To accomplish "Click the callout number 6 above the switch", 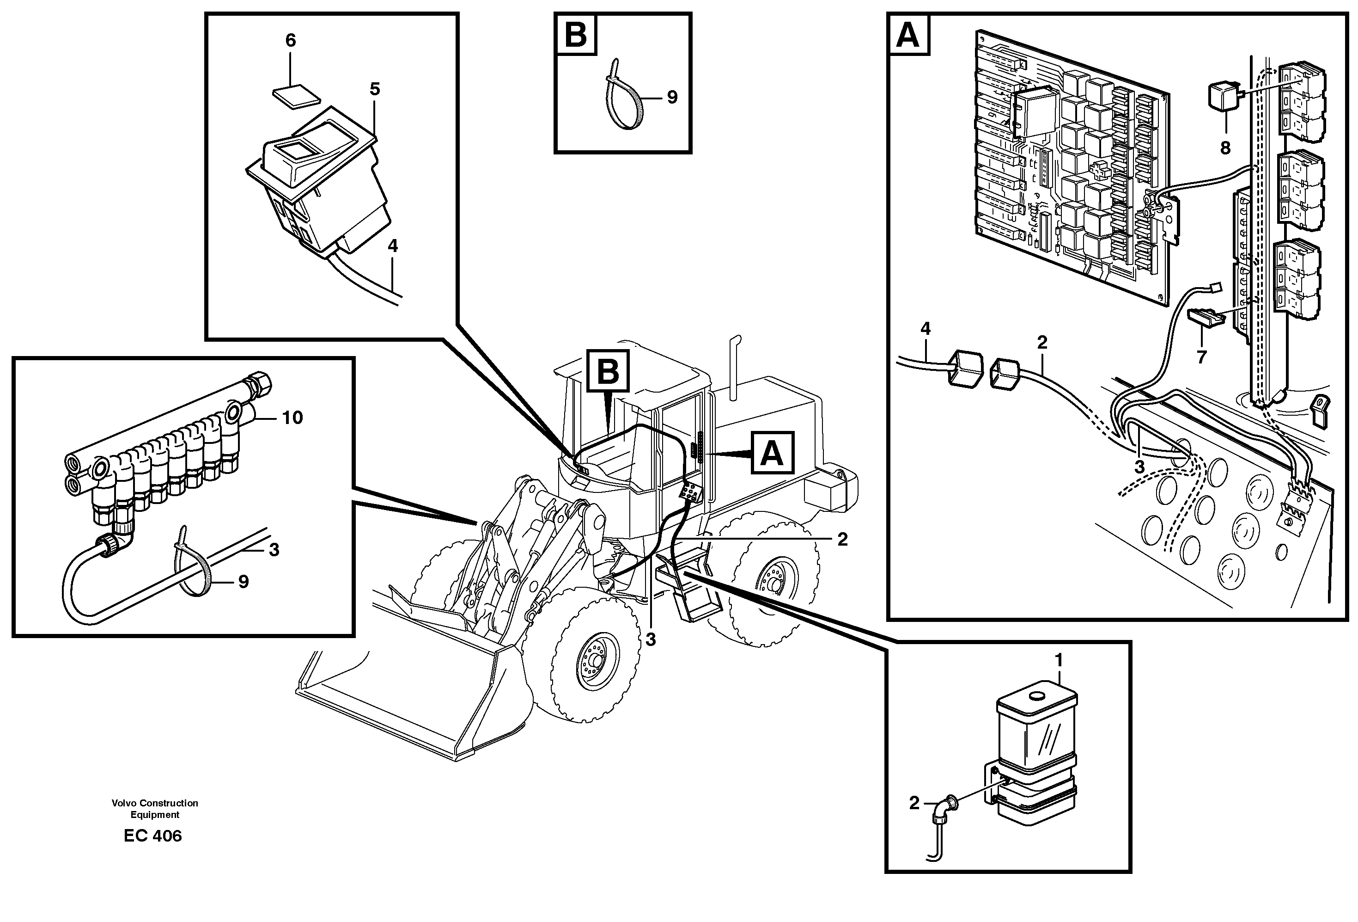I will [x=291, y=40].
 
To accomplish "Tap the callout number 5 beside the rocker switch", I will [x=375, y=89].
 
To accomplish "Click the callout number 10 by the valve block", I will [x=292, y=418].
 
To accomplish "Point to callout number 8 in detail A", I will [x=1225, y=148].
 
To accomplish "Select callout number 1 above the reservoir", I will [x=1058, y=661].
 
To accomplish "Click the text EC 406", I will [x=152, y=836].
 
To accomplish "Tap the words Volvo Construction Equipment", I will [x=155, y=809].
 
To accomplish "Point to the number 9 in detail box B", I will [x=672, y=98].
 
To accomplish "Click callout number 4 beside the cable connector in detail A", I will [x=926, y=329].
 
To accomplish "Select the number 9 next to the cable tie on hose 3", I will [x=243, y=581].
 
